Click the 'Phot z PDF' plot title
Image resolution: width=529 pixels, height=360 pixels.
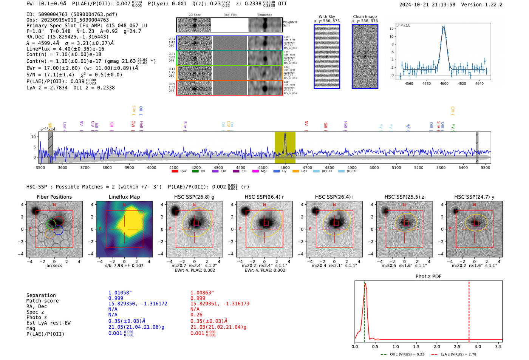[428, 277]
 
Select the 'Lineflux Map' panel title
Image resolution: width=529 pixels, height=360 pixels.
[124, 197]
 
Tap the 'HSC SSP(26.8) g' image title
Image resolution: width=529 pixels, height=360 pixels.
[194, 197]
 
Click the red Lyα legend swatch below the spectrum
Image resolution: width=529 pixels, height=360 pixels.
[175, 171]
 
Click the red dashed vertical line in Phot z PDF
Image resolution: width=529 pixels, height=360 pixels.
[469, 310]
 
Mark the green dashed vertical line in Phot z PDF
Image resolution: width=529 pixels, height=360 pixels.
[364, 310]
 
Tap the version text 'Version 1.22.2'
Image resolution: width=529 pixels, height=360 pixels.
[487, 5]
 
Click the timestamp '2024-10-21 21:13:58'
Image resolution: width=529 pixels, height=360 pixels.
[427, 5]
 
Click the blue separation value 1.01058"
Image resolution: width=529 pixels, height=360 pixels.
[120, 293]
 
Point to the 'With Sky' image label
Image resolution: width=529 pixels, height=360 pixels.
[327, 17]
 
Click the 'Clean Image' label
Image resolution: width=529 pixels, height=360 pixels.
[365, 17]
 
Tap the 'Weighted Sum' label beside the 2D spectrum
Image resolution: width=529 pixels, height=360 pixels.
[290, 24]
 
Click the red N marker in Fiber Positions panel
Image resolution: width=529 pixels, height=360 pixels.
[54, 205]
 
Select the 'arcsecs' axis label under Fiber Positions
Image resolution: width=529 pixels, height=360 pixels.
[54, 266]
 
